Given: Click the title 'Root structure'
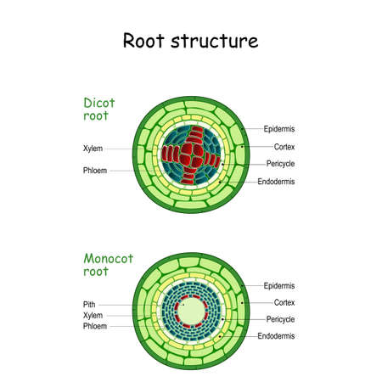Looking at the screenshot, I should tap(191, 41).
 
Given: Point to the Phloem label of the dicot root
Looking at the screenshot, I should tap(94, 170).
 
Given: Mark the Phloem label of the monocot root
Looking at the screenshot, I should tap(95, 326).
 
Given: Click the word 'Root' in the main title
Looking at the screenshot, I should tap(144, 41).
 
